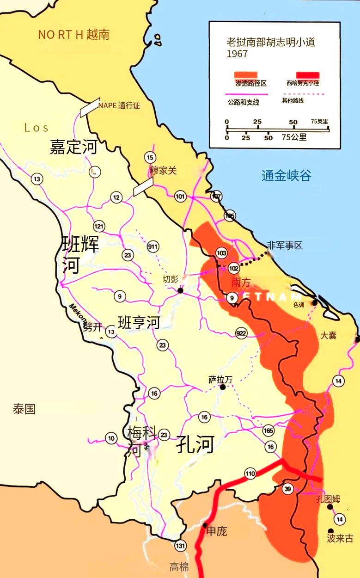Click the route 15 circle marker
[x=149, y=157]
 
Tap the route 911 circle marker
[x=153, y=246]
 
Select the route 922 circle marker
[x=241, y=333]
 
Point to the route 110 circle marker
[x=250, y=473]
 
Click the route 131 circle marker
[x=180, y=546]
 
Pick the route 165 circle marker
[x=268, y=431]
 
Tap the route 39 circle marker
[x=287, y=490]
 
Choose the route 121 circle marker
[x=99, y=226]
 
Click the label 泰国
[x=24, y=409]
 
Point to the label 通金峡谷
[x=287, y=176]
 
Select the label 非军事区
[x=285, y=246]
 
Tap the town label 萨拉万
[x=220, y=380]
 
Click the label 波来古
[x=340, y=539]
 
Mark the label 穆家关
[x=163, y=171]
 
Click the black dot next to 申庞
[x=204, y=525]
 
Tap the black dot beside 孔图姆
[x=330, y=507]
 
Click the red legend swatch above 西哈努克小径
[x=308, y=75]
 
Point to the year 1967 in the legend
[x=237, y=54]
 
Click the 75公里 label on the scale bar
[x=294, y=137]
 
